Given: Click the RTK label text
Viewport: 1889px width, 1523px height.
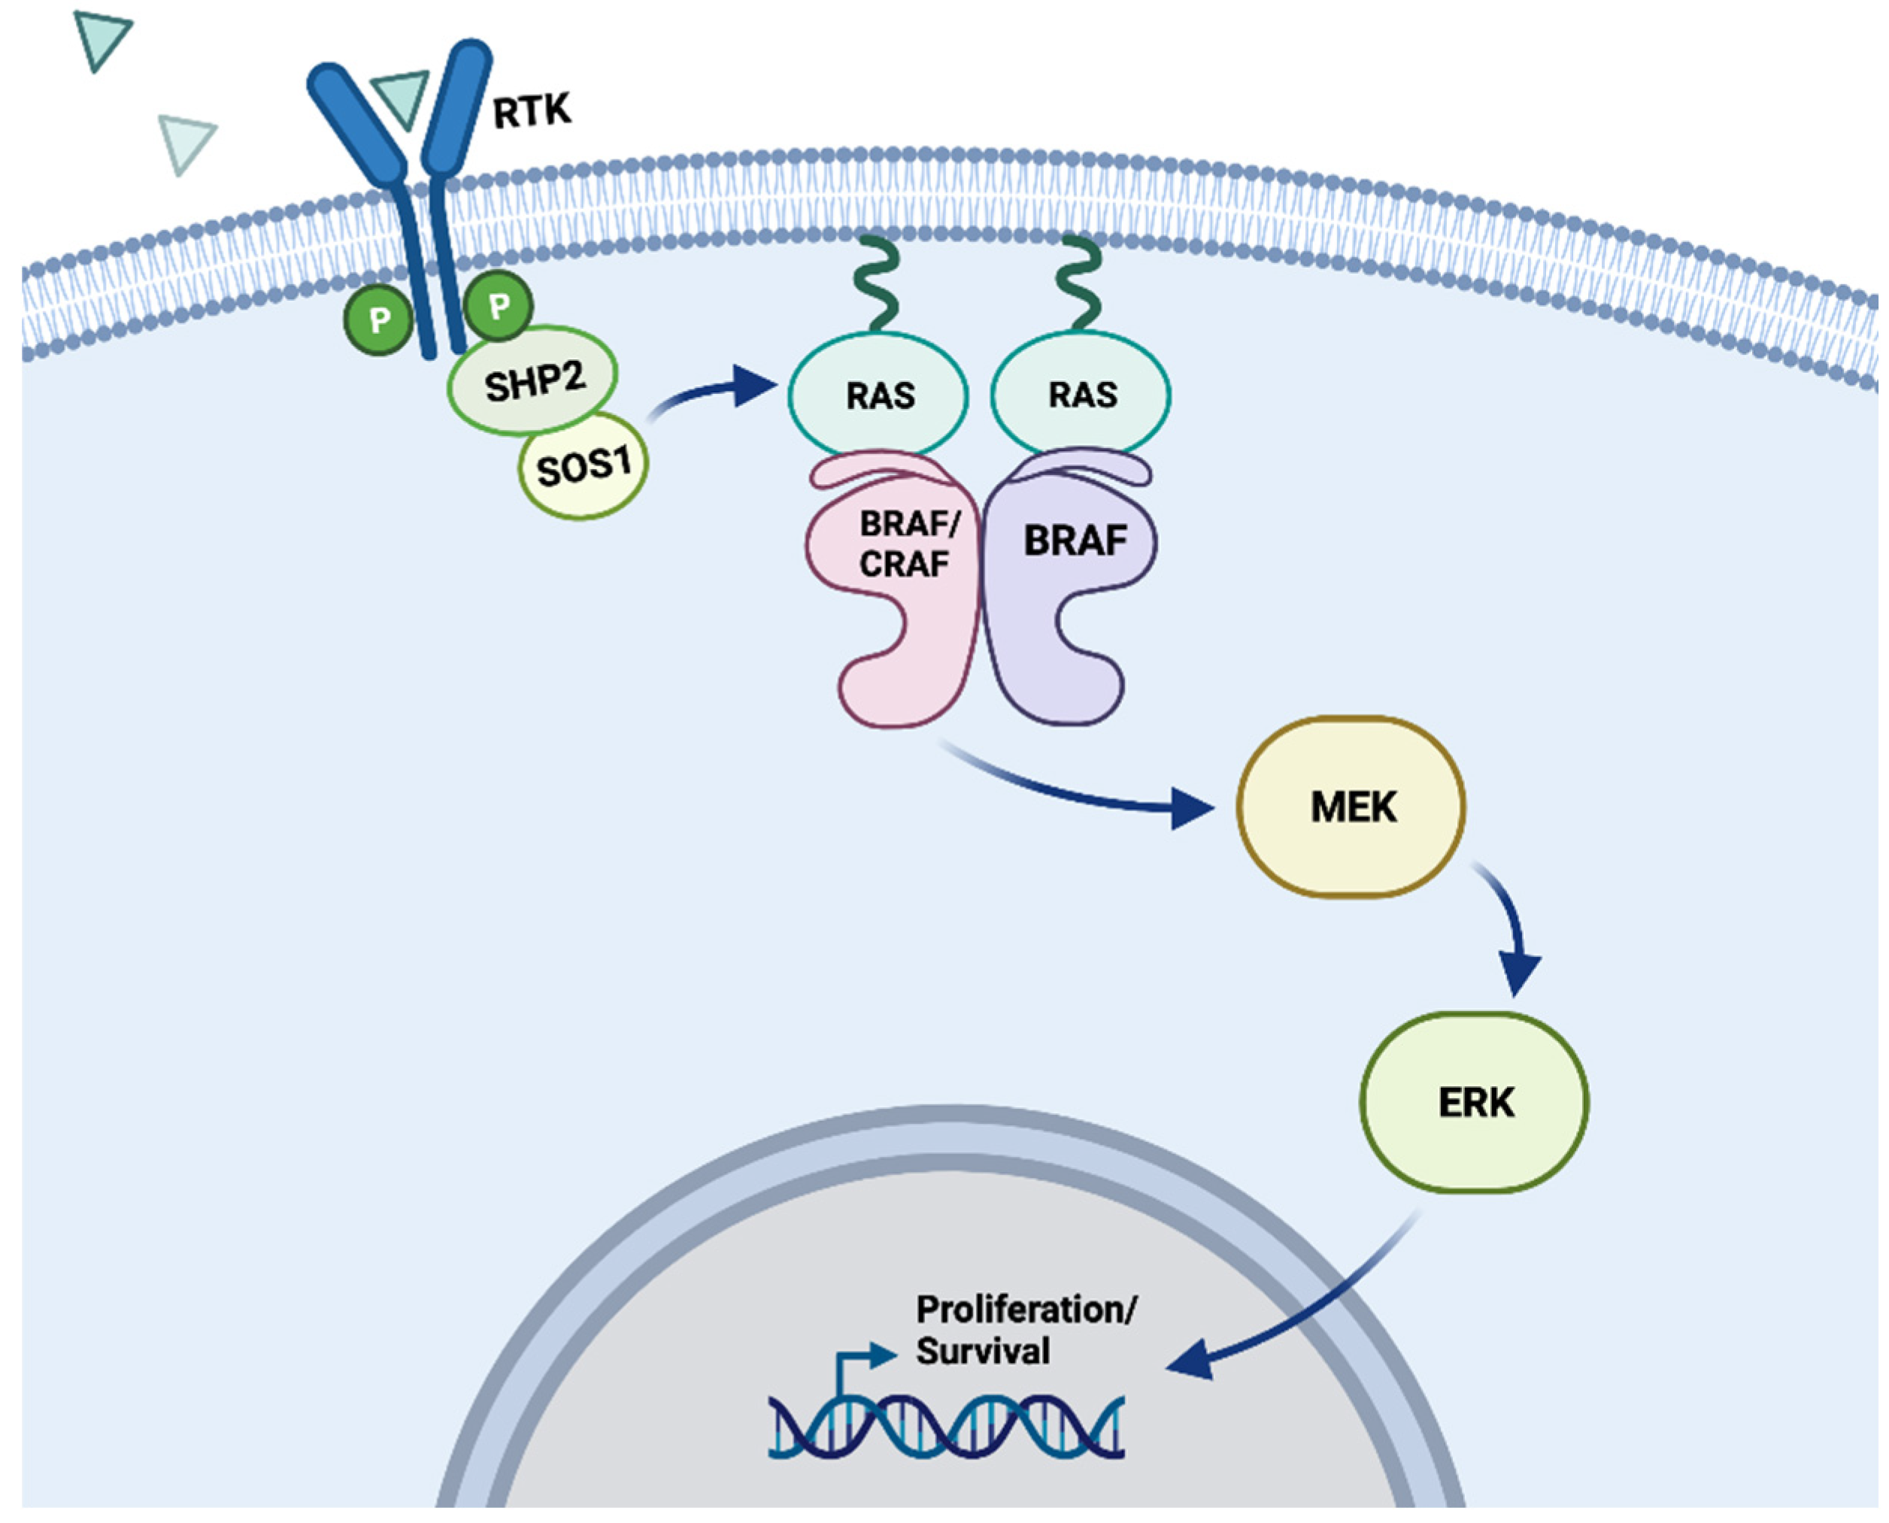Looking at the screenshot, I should click(532, 111).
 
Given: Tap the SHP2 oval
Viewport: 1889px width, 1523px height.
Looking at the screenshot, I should click(532, 380).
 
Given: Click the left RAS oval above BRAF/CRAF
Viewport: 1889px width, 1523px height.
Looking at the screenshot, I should click(878, 395).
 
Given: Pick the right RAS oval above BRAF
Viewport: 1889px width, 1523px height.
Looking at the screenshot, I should click(1081, 395).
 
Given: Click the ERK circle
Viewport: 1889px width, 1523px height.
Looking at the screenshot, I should click(1475, 1103).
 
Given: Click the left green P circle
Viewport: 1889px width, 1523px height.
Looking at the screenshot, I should click(379, 320).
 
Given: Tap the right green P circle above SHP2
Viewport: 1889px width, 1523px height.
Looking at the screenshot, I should click(499, 306).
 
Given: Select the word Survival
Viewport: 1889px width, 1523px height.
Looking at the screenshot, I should click(983, 1352).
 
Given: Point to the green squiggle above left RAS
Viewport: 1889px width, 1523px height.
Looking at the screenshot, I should click(878, 285).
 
